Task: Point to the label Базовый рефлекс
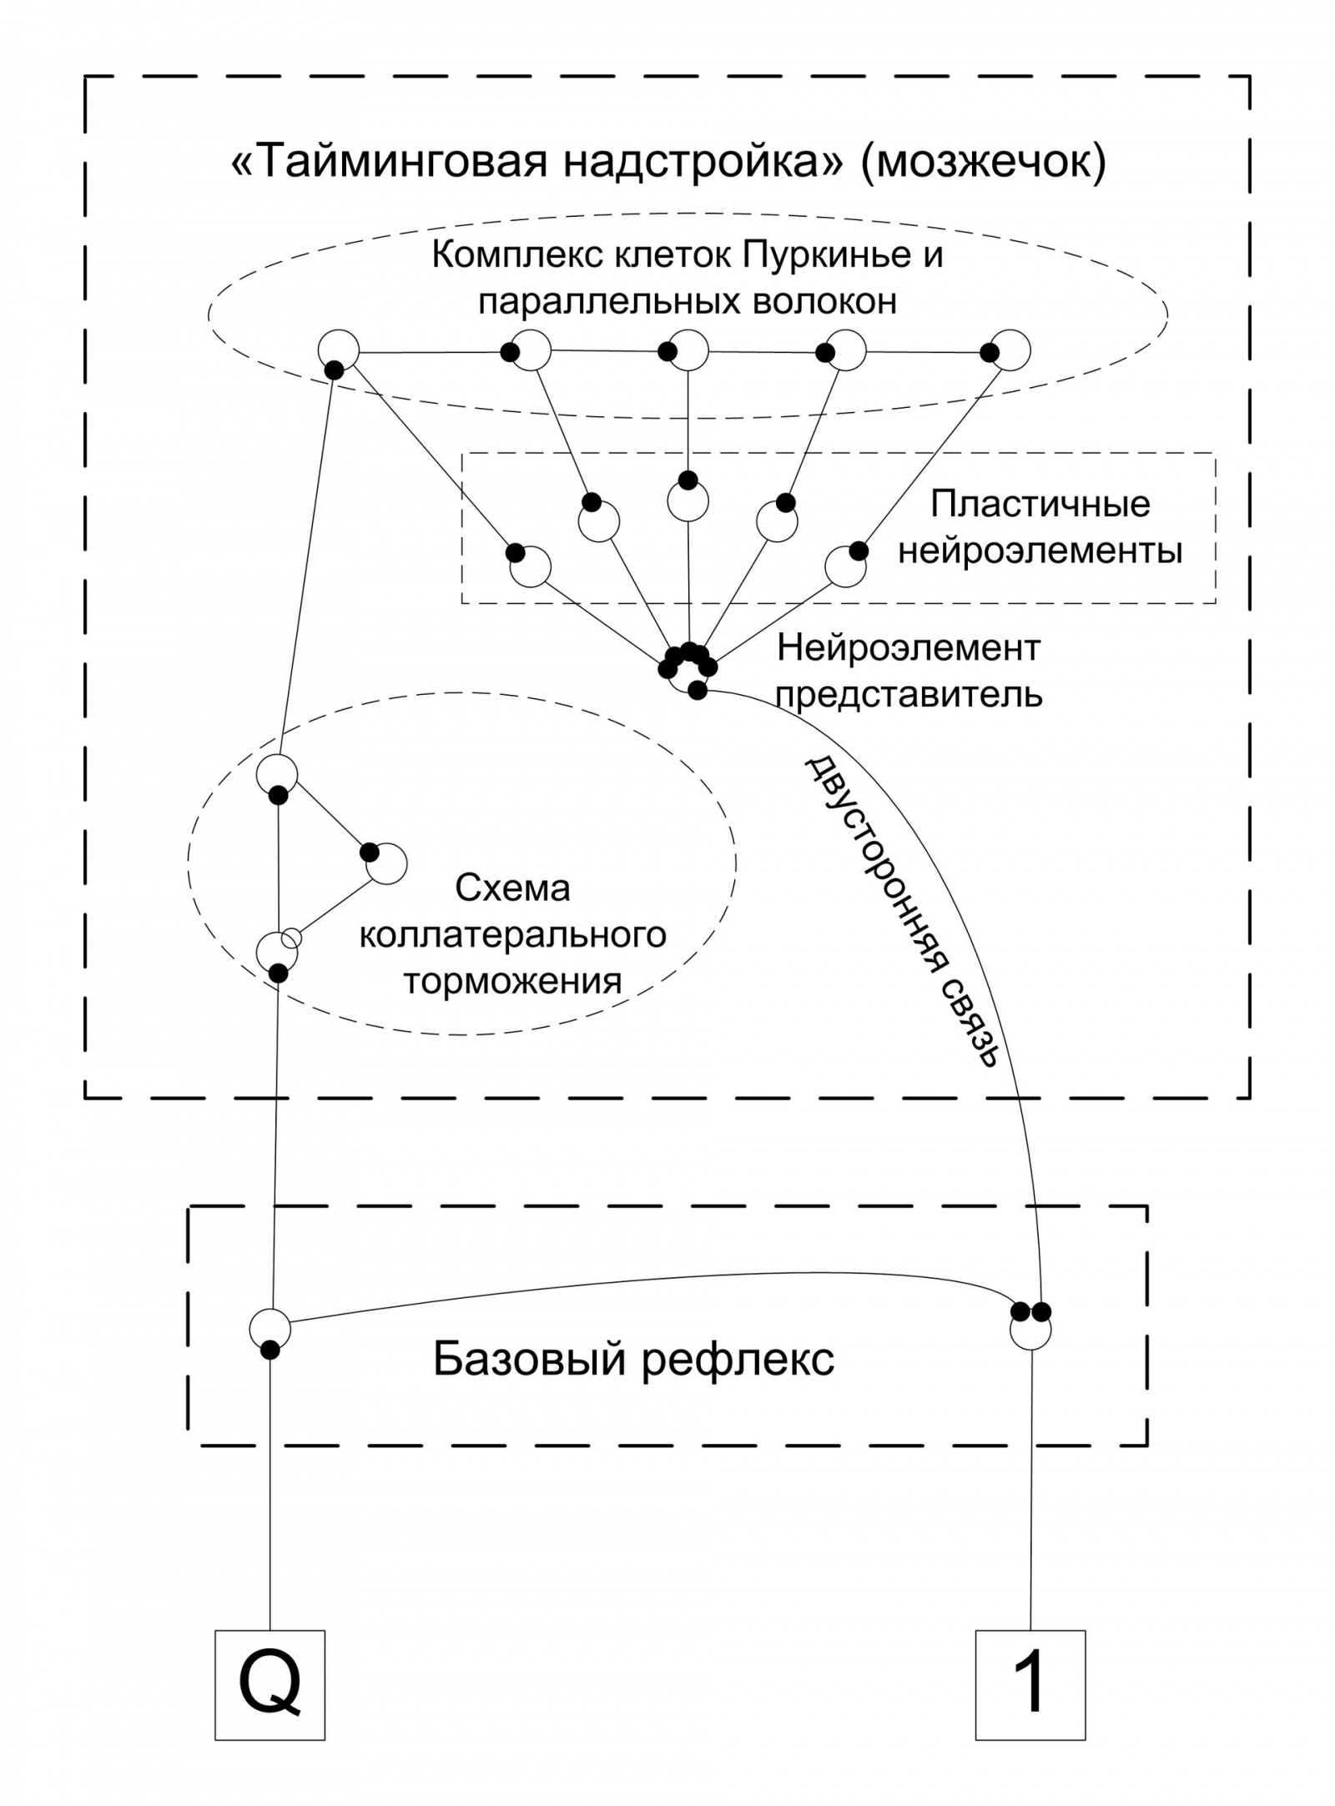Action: pos(633,1360)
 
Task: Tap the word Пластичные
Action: pos(1040,504)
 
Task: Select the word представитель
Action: pos(909,693)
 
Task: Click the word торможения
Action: pos(512,981)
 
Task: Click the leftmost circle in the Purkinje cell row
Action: pos(339,350)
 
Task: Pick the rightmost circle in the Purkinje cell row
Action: pos(1010,350)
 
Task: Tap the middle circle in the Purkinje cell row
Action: pos(688,350)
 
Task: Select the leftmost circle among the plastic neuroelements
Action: pos(531,568)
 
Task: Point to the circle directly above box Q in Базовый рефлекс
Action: pos(270,1327)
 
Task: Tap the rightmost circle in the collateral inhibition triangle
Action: pos(386,863)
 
